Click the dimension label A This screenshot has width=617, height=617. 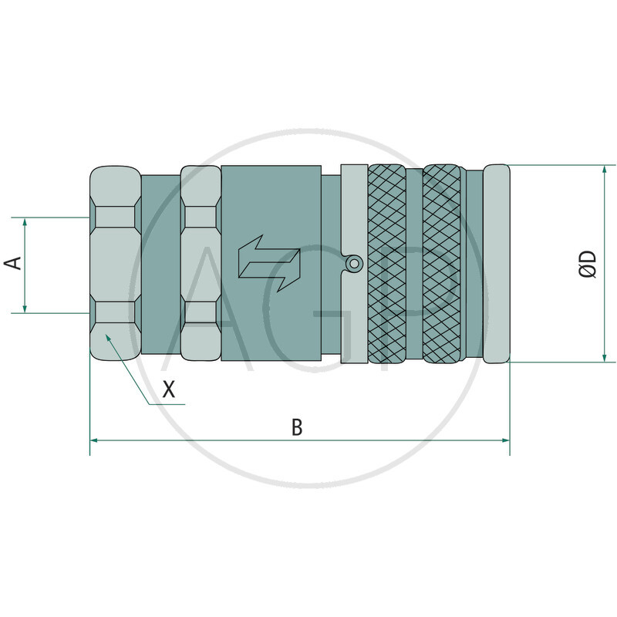13,265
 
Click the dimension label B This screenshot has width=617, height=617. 297,427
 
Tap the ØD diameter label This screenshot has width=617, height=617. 588,264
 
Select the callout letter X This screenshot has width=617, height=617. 170,390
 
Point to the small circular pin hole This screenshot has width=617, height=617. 353,264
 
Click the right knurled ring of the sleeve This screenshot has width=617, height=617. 445,264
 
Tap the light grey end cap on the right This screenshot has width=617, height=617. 497,264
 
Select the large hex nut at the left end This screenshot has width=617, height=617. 115,264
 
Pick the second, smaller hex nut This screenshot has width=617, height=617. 201,264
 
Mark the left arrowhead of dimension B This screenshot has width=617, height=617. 95,440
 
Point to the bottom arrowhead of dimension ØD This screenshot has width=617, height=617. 604,357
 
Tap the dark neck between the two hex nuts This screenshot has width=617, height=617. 160,264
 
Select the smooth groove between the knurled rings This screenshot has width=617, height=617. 414,264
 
